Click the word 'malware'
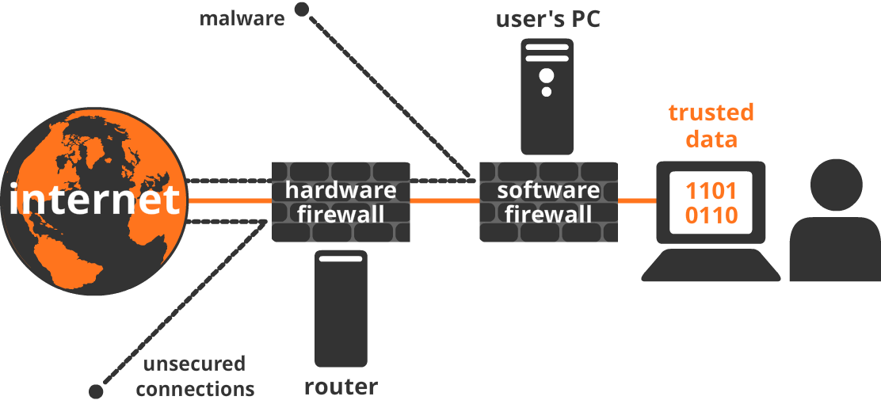[x=242, y=17]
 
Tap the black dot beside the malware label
[x=301, y=10]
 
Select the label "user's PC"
[x=548, y=18]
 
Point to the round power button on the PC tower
[x=547, y=76]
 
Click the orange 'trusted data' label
[x=711, y=125]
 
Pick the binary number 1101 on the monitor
[x=711, y=191]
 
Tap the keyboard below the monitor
[x=711, y=265]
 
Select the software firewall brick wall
[x=548, y=201]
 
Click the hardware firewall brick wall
[x=341, y=201]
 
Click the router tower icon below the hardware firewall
[x=341, y=309]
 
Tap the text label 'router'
[x=341, y=387]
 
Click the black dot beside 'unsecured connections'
[x=96, y=391]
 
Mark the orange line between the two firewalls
[x=444, y=201]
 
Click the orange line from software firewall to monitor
[x=637, y=201]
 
